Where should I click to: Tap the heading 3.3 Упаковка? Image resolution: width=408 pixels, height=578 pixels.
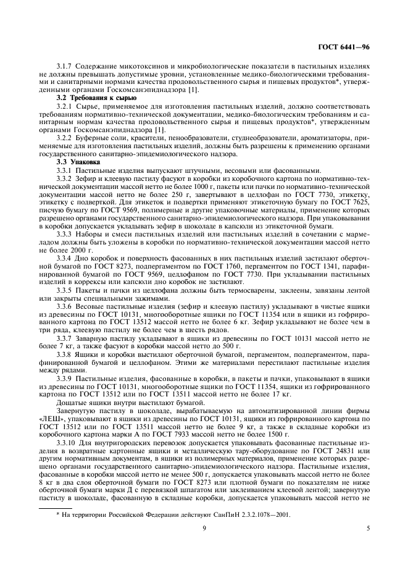77,162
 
